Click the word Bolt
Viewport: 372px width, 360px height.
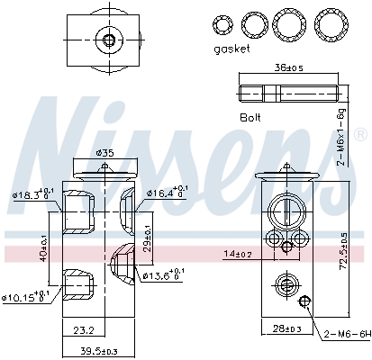pos(250,118)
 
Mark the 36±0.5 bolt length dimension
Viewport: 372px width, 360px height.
pos(289,67)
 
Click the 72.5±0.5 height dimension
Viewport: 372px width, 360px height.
pos(342,250)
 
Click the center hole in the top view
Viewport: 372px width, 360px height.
pos(109,39)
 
